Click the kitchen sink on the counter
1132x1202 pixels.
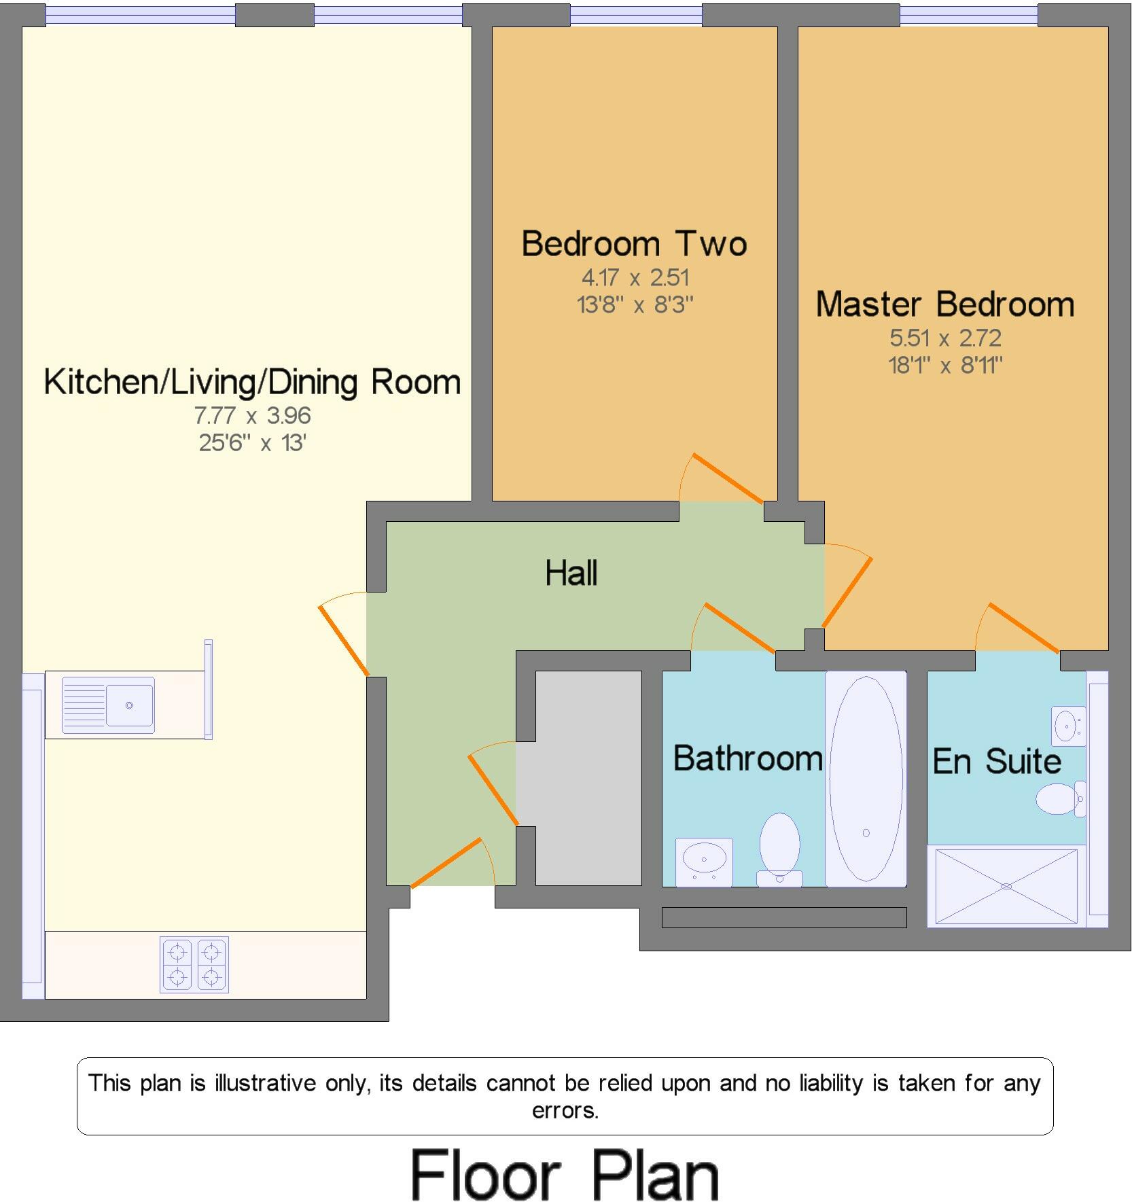click(x=108, y=705)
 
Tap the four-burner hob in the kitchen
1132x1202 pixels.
click(x=194, y=964)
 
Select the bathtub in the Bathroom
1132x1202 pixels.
click(x=866, y=779)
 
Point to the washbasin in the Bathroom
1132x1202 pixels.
click(x=704, y=862)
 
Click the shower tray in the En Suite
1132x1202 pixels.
click(x=1006, y=886)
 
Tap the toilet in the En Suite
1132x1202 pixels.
click(x=1059, y=799)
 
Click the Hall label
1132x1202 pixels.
click(x=571, y=573)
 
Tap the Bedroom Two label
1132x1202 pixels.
click(x=634, y=244)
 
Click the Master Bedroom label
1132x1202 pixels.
click(x=944, y=304)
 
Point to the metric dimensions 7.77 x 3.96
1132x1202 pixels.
click(x=252, y=415)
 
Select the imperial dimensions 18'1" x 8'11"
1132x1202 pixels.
click(x=944, y=366)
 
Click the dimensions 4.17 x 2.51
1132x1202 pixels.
click(x=635, y=278)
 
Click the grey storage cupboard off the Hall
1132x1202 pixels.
click(x=588, y=778)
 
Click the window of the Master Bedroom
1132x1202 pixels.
click(x=968, y=15)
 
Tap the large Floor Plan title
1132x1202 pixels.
click(x=565, y=1175)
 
